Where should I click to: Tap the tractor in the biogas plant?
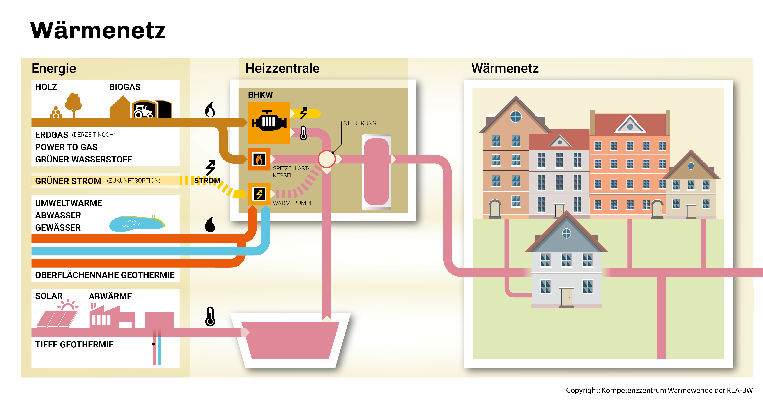(x=144, y=111)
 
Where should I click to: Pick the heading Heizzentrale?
(x=282, y=68)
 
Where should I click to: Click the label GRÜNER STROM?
(x=68, y=181)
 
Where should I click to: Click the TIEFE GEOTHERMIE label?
(x=74, y=345)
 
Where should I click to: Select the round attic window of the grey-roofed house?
(x=566, y=234)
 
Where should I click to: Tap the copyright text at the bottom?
(x=659, y=390)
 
